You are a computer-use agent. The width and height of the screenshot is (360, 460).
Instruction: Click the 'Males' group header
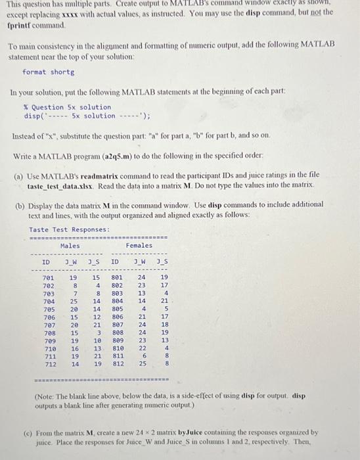(x=70, y=246)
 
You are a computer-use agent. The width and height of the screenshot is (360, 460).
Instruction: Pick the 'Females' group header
(x=139, y=246)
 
